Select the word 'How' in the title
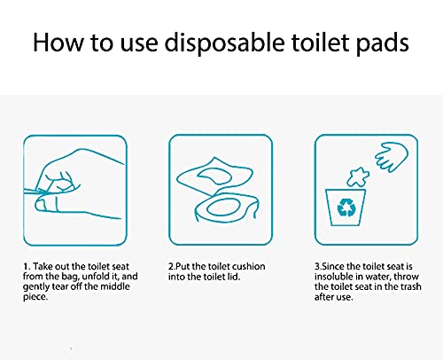coord(55,43)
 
